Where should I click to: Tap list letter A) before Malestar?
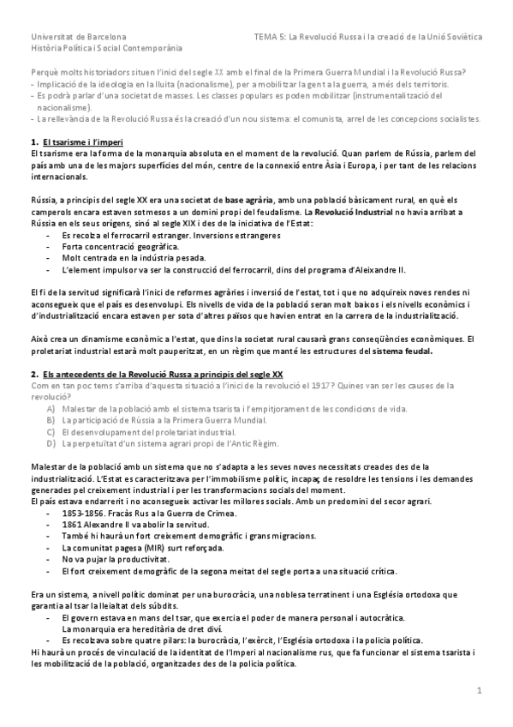[x=51, y=409]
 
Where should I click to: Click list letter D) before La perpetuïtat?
[x=51, y=442]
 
